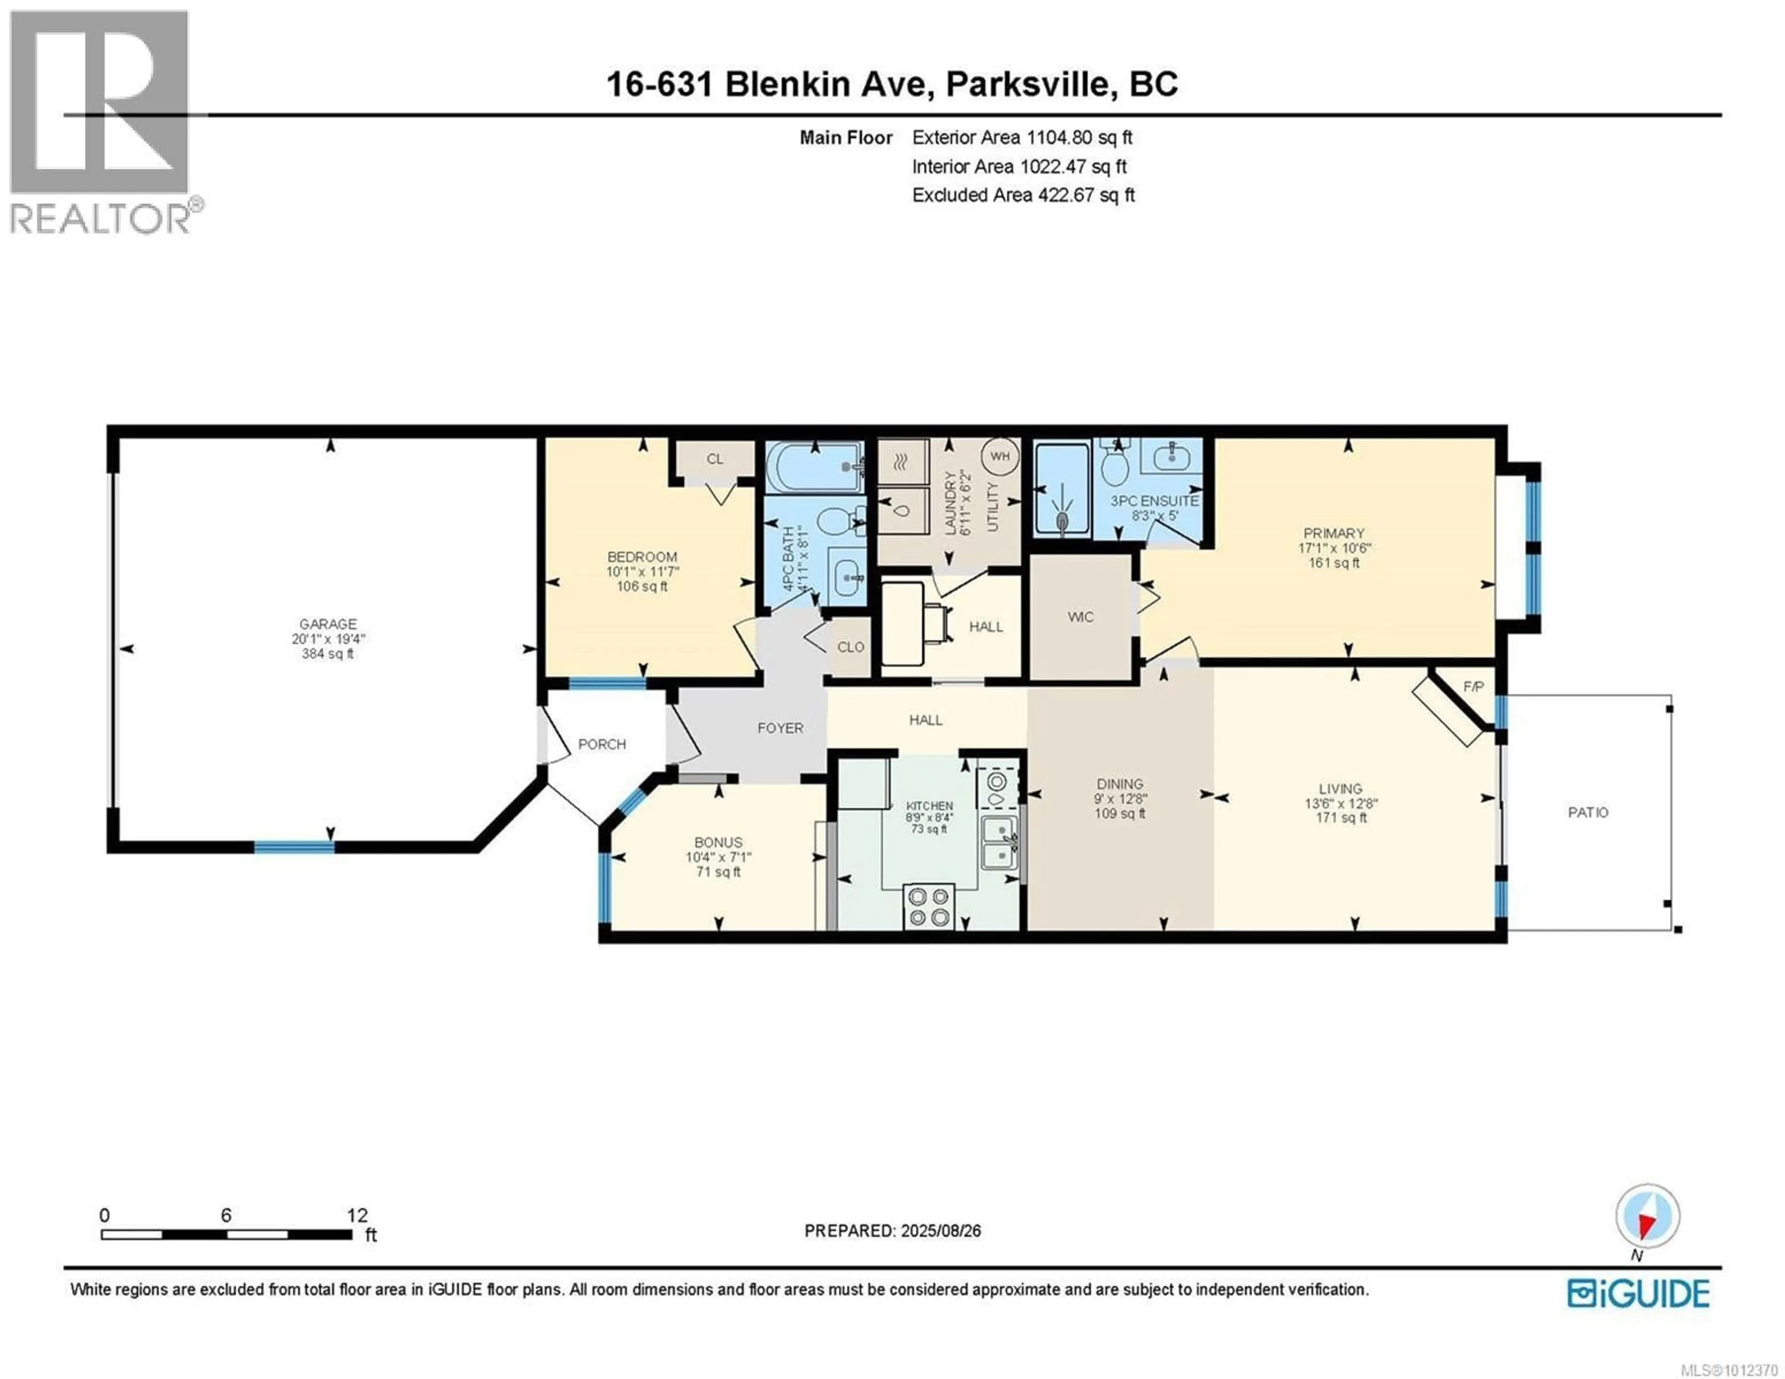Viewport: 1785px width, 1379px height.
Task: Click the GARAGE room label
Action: (x=328, y=624)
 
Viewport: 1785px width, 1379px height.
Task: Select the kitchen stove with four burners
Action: (x=929, y=906)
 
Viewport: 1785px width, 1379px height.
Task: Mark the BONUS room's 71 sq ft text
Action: (x=718, y=872)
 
